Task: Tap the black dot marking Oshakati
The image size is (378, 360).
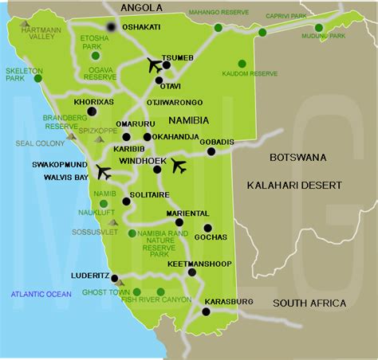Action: click(110, 27)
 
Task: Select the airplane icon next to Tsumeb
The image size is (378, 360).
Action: click(156, 65)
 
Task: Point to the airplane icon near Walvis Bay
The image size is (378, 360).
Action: click(103, 171)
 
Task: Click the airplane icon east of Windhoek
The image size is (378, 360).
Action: click(179, 165)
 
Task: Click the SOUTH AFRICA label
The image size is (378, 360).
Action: click(309, 303)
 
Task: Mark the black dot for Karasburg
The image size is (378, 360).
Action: click(206, 311)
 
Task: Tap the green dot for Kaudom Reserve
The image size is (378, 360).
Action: click(240, 64)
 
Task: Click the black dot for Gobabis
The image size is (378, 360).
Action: click(211, 151)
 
